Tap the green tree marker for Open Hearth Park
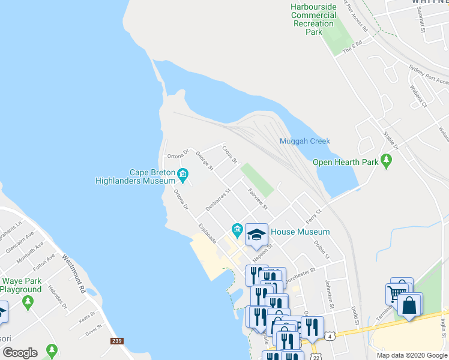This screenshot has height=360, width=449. [x=387, y=161]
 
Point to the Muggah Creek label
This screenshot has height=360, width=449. [x=304, y=142]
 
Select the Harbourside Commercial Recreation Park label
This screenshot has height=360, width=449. [x=313, y=19]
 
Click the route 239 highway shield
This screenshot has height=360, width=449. [x=117, y=341]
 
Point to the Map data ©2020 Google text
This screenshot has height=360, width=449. [x=411, y=355]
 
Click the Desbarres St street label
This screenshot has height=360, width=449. [x=218, y=200]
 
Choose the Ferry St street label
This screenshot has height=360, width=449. [x=314, y=215]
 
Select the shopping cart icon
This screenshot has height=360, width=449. [x=396, y=293]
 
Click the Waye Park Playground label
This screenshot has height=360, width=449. [x=21, y=285]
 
